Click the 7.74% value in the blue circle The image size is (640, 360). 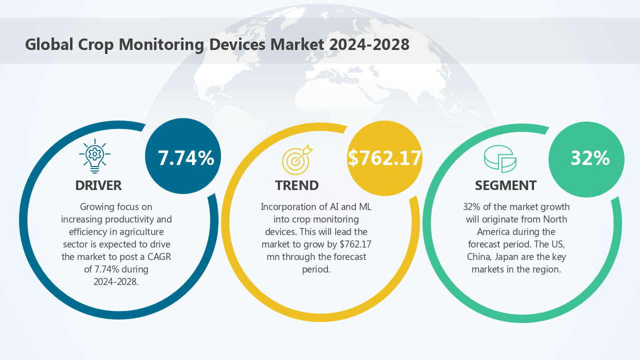tap(186, 158)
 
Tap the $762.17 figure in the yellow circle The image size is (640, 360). tap(385, 158)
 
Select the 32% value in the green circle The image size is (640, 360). tap(590, 158)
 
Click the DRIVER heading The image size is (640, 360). tap(98, 185)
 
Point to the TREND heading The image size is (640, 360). tap(297, 185)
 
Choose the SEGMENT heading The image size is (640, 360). tap(505, 185)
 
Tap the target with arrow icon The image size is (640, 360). tap(296, 159)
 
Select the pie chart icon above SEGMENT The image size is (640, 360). tap(500, 159)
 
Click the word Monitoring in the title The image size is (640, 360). tap(161, 44)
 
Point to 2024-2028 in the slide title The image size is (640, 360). tap(369, 44)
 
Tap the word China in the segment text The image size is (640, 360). tap(479, 257)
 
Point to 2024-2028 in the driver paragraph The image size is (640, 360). tap(115, 282)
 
